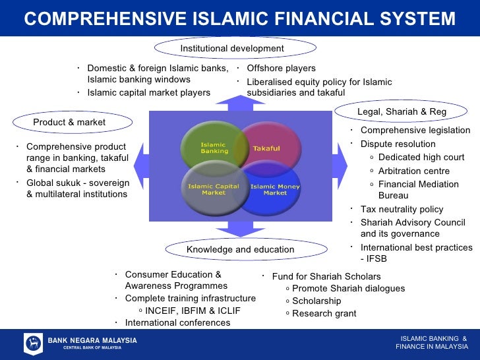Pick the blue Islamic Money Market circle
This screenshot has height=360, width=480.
click(271, 191)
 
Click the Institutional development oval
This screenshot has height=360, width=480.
click(231, 48)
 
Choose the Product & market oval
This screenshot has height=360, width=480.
click(69, 122)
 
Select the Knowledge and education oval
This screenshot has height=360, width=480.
click(240, 249)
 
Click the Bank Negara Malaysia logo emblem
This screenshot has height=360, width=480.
click(33, 344)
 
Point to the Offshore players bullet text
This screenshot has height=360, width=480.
click(281, 69)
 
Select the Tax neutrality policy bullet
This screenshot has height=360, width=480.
click(402, 209)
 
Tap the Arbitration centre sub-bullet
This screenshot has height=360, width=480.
click(414, 171)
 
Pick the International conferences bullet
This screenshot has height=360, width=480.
click(177, 323)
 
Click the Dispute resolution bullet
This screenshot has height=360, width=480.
click(398, 144)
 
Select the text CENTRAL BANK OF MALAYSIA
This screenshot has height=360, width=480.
click(92, 347)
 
